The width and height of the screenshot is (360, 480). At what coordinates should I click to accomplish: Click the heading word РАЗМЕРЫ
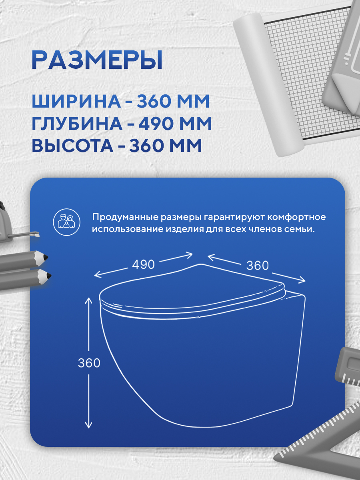[x=97, y=60]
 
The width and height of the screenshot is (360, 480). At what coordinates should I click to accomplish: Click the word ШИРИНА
[x=76, y=102]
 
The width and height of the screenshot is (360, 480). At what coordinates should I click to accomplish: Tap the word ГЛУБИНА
[x=77, y=124]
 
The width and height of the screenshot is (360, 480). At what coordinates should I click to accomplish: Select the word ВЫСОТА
[x=72, y=146]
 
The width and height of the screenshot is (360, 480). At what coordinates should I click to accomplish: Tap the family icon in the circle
[x=67, y=222]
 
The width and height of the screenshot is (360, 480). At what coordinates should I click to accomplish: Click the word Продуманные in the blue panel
[x=125, y=217]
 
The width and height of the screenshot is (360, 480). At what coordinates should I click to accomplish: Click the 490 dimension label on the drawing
[x=143, y=265]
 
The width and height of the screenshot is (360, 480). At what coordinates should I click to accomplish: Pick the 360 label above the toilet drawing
[x=258, y=266]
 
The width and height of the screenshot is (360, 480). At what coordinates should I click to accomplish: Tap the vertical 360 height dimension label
[x=89, y=363]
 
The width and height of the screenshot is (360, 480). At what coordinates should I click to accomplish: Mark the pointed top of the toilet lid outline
[x=201, y=264]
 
